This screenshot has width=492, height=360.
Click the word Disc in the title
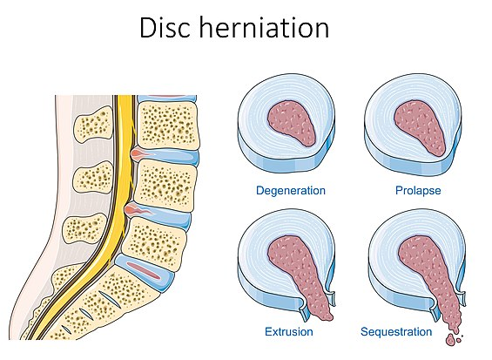click(x=165, y=28)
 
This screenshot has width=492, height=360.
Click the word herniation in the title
click(x=264, y=28)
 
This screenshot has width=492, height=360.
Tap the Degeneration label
click(x=291, y=191)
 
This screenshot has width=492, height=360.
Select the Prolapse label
click(x=418, y=190)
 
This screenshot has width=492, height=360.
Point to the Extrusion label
click(x=289, y=332)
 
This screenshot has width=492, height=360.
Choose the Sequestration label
click(x=396, y=332)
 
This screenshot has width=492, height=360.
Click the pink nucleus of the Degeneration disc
click(x=291, y=123)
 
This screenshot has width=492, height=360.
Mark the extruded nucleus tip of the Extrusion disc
click(x=325, y=316)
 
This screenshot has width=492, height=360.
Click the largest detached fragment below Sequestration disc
click(x=450, y=340)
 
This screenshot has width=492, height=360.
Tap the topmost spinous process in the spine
click(x=93, y=125)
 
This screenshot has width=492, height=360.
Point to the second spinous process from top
click(x=93, y=178)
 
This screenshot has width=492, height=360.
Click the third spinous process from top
click(x=84, y=230)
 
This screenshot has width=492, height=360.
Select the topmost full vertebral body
click(x=168, y=126)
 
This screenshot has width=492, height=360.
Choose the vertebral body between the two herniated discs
click(x=165, y=185)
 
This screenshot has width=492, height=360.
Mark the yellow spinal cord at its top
click(x=125, y=99)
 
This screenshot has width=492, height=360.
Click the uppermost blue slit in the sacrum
click(x=110, y=299)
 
